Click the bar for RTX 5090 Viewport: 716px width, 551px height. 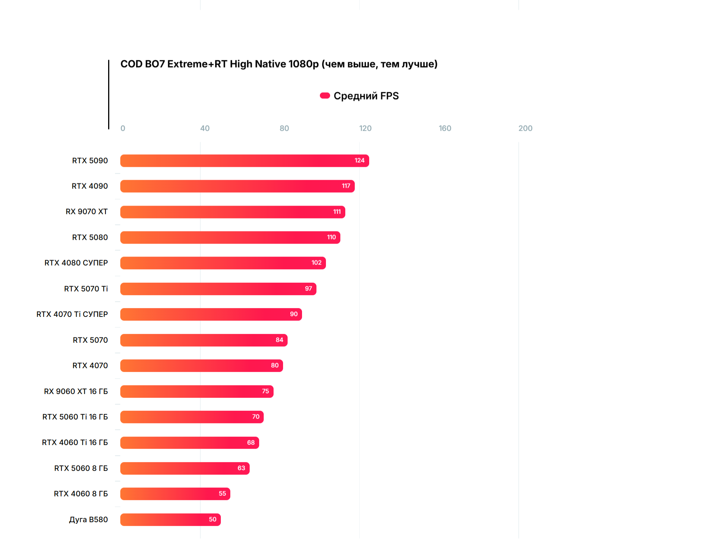(244, 161)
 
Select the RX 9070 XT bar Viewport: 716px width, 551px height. (232, 212)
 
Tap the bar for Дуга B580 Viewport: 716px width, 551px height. (170, 519)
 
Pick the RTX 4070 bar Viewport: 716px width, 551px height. (201, 366)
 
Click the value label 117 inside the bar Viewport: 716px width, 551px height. (346, 186)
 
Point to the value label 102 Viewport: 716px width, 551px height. (316, 263)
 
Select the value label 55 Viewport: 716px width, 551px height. (222, 494)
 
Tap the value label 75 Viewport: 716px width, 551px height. (265, 391)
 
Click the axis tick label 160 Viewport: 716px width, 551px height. (445, 128)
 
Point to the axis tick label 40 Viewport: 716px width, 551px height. (205, 128)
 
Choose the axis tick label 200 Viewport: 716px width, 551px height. (525, 128)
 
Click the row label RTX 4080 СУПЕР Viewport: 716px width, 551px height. (76, 263)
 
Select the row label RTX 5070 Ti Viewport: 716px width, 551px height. (86, 289)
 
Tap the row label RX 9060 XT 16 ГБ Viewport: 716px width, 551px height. (76, 391)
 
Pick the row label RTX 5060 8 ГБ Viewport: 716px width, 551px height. (81, 468)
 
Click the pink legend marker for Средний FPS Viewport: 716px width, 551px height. (325, 96)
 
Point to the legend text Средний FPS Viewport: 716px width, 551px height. (366, 96)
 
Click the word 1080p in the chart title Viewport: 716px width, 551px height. (304, 64)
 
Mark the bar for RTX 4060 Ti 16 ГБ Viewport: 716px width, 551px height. (189, 443)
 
